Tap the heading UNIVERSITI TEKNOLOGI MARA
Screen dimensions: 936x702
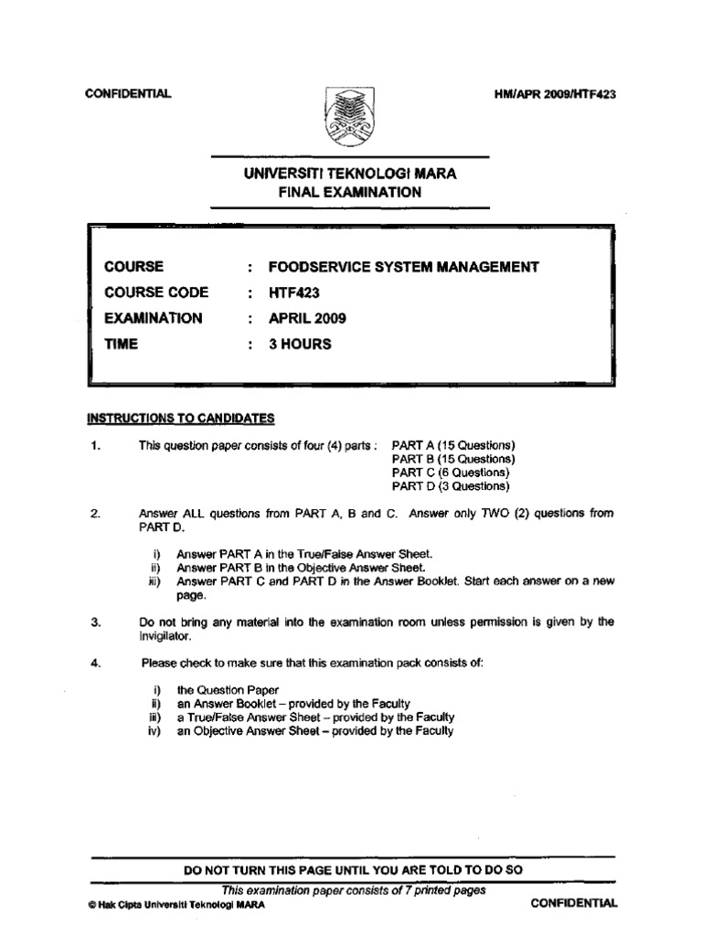pyautogui.click(x=351, y=173)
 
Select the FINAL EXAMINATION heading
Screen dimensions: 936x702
pyautogui.click(x=351, y=192)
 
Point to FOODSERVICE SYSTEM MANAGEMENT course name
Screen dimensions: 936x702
pyautogui.click(x=403, y=267)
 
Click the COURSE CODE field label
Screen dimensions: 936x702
pyautogui.click(x=156, y=292)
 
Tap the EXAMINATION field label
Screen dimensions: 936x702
pyautogui.click(x=154, y=319)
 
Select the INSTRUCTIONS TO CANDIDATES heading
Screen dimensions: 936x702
pyautogui.click(x=180, y=419)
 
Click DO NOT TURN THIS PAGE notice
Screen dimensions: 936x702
pyautogui.click(x=353, y=870)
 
